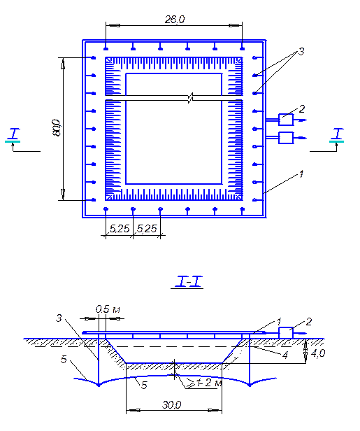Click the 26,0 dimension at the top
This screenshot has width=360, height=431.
175,20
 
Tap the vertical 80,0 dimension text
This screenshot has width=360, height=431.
57,127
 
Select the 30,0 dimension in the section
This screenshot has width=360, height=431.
172,404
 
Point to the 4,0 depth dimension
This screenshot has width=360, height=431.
318,353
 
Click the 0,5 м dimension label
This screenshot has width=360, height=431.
108,309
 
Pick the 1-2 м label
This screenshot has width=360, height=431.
210,383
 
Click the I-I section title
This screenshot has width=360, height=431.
187,282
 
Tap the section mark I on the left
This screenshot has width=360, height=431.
13,134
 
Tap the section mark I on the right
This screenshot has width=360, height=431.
338,134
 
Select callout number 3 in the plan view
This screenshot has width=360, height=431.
301,51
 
